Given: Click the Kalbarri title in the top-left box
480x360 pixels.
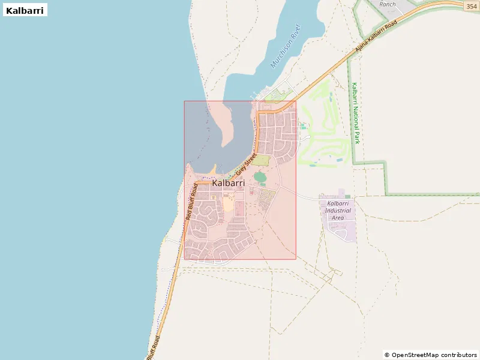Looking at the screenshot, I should (25, 10).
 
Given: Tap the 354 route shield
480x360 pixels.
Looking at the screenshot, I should (472, 6).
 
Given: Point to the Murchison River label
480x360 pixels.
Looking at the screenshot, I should (284, 47).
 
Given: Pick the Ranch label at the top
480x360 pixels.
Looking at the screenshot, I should (388, 4).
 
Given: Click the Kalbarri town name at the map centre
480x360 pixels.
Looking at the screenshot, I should (229, 183).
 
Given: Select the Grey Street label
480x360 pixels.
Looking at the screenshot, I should (245, 163).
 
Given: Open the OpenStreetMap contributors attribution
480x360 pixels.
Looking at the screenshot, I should (431, 355).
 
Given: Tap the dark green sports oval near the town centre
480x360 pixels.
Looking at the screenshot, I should (260, 176).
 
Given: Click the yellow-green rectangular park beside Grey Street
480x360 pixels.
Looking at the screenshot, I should (260, 160).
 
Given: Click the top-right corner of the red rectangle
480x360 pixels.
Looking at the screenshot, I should (296, 101).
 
